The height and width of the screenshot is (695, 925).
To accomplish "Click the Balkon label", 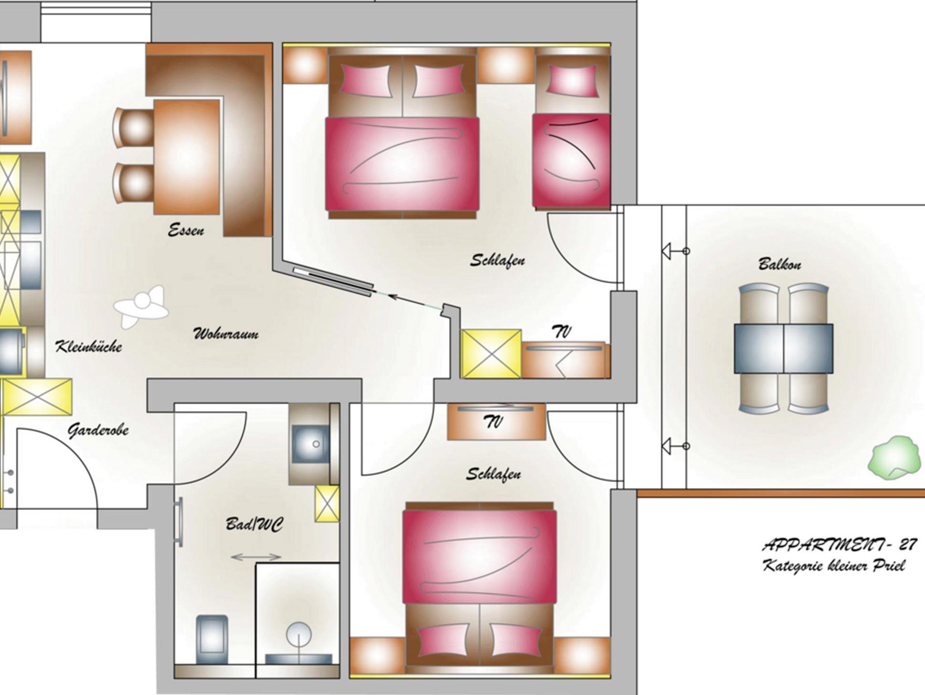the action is click(780, 263).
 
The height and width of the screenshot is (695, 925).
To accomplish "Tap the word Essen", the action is click(186, 230).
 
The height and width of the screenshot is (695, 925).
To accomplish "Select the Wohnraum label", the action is click(226, 334).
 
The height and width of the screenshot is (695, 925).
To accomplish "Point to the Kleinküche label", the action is click(89, 347).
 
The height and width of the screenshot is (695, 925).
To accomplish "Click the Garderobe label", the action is click(98, 430).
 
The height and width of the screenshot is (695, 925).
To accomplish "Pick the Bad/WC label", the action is click(254, 524).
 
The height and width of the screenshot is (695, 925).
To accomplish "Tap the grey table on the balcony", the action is click(784, 348).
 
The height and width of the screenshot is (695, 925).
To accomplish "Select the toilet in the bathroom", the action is click(211, 638).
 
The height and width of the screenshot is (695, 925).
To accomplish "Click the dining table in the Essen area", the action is click(187, 157).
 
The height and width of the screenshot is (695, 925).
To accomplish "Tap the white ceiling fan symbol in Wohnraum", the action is click(141, 306).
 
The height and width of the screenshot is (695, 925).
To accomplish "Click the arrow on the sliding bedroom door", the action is click(415, 302).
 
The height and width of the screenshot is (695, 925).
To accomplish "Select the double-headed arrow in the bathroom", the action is click(256, 557).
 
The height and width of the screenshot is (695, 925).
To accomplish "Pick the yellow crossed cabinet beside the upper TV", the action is click(491, 354).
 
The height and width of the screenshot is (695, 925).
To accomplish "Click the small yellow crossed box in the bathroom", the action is click(327, 503).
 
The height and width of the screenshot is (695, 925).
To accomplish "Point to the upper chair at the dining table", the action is click(134, 128).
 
